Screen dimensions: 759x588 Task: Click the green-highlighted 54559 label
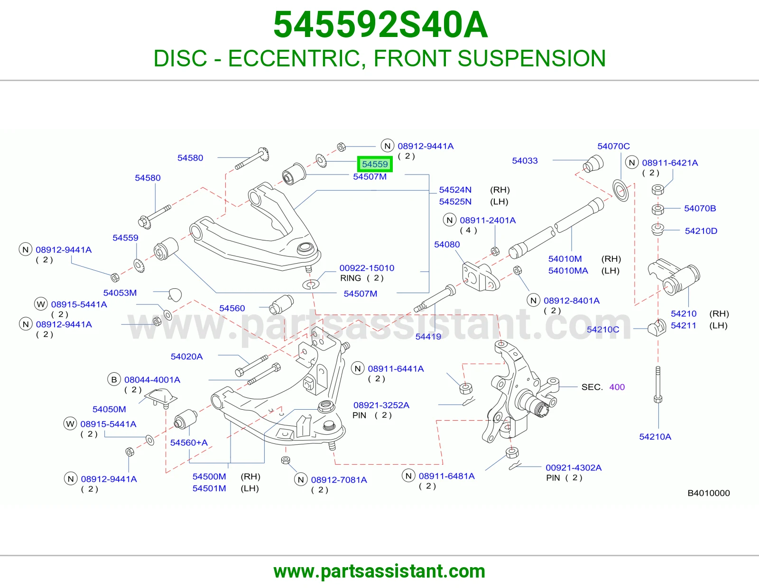[x=374, y=164]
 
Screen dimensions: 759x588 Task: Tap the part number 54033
[x=525, y=161]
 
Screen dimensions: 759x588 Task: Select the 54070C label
[x=613, y=146]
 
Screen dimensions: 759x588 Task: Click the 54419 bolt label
[x=428, y=336]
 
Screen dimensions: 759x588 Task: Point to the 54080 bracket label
[x=447, y=244]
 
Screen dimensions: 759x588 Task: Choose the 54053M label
[x=120, y=293]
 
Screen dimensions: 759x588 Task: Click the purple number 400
[x=617, y=387]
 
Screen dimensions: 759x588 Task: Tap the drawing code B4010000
[x=709, y=493]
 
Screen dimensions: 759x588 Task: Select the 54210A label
[x=655, y=436]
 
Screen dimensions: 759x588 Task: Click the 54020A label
[x=186, y=357]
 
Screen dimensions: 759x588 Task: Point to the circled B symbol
[x=114, y=379]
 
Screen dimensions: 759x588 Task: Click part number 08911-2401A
[x=488, y=220]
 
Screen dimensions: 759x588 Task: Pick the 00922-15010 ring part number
[x=367, y=268]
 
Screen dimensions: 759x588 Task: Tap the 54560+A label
[x=189, y=442]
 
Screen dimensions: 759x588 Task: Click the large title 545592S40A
[x=380, y=25]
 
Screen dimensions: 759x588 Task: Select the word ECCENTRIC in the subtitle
[x=296, y=58]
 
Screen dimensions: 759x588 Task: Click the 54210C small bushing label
[x=603, y=329]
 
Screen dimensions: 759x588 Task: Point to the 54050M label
[x=109, y=409]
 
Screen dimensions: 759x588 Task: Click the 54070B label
[x=700, y=208]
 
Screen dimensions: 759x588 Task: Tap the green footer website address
[x=379, y=571]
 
